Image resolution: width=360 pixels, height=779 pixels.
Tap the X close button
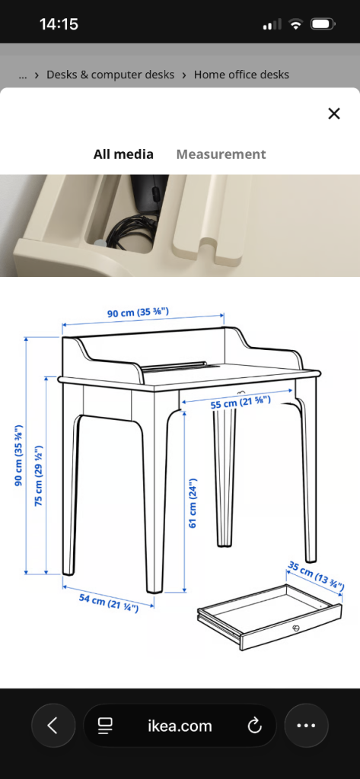(x=334, y=114)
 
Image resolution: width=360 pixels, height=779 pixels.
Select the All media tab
(x=123, y=154)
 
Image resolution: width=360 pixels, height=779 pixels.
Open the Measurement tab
(x=221, y=154)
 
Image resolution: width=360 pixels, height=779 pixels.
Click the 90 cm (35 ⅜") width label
(x=139, y=313)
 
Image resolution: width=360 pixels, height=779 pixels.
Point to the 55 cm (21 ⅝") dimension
(x=241, y=402)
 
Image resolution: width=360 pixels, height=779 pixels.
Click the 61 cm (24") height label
(x=193, y=503)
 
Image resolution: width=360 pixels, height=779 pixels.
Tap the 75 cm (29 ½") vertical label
(x=39, y=477)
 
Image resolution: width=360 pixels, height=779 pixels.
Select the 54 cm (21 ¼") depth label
(x=109, y=603)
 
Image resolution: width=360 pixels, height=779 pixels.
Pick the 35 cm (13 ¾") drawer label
(x=316, y=575)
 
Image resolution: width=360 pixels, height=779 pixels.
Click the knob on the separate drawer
(x=296, y=628)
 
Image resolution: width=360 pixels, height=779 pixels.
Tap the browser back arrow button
(x=53, y=726)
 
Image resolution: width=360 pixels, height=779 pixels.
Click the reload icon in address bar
(x=254, y=726)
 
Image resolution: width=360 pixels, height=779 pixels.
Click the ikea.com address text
(x=180, y=726)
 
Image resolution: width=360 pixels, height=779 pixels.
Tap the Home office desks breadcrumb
(x=241, y=75)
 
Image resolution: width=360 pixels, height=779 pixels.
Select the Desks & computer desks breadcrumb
(x=110, y=75)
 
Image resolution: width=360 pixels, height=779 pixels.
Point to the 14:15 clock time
(x=59, y=24)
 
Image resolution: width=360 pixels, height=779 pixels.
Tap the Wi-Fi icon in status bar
(x=296, y=24)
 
